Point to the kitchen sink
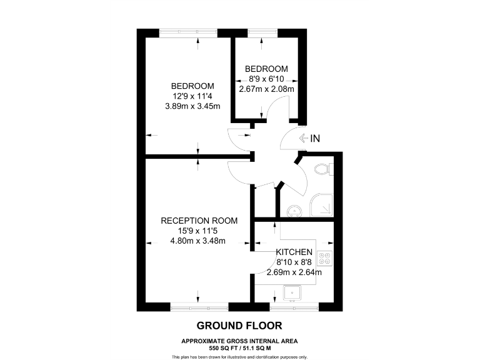pyautogui.click(x=293, y=293)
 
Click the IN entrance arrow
pyautogui.click(x=304, y=139)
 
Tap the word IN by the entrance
pyautogui.click(x=316, y=139)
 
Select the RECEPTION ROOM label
pyautogui.click(x=199, y=221)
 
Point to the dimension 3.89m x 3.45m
pyautogui.click(x=192, y=106)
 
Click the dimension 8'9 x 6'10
pyautogui.click(x=266, y=79)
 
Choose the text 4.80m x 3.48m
pyautogui.click(x=199, y=241)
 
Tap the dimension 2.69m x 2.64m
pyautogui.click(x=294, y=272)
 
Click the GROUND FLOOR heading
pyautogui.click(x=239, y=326)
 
